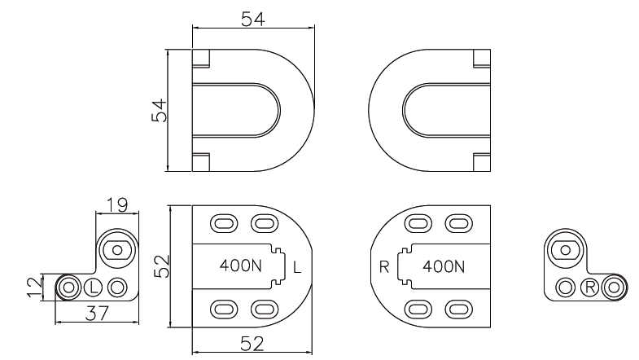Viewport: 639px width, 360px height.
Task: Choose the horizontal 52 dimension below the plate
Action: click(x=252, y=344)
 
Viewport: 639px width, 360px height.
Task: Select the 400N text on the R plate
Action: click(x=444, y=266)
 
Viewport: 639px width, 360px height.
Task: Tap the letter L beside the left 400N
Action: click(x=297, y=266)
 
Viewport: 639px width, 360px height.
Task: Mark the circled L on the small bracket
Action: click(x=94, y=287)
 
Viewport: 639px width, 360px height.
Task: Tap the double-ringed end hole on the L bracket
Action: click(x=68, y=287)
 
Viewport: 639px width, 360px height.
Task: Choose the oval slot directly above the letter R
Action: click(x=419, y=222)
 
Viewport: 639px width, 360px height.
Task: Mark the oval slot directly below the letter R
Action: click(x=419, y=309)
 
